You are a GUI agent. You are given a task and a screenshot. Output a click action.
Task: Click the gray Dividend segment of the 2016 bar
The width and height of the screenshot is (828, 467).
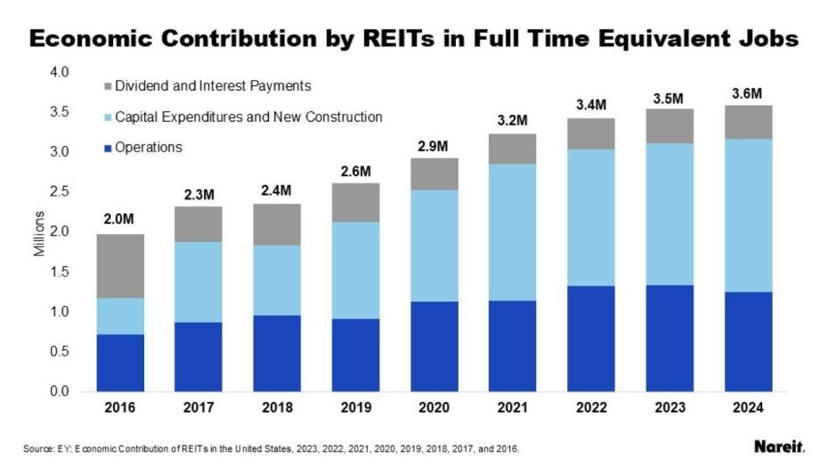120,266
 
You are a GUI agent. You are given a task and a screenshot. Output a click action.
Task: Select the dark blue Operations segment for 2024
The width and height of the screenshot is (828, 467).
748,342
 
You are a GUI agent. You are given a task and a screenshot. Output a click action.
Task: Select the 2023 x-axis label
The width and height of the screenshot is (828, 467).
670,408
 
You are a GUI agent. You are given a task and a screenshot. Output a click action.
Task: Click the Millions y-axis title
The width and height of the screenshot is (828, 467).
38,233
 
